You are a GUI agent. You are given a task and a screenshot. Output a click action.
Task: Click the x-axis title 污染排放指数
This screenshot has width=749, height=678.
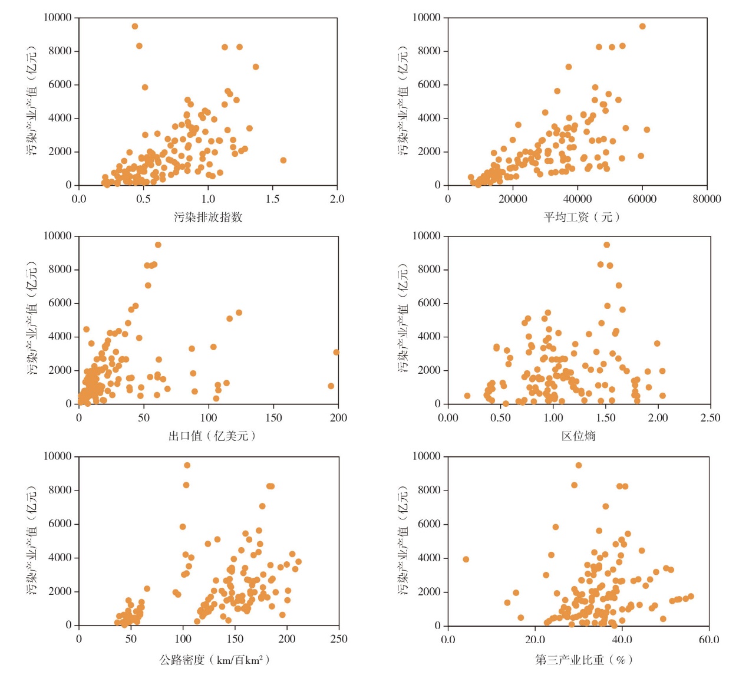[208, 217]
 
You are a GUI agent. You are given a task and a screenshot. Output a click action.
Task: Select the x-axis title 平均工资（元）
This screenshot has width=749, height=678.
[581, 217]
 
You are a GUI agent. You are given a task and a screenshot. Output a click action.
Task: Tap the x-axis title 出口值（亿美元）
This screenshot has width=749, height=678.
[212, 436]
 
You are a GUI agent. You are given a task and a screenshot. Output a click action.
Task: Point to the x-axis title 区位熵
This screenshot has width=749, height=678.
[578, 436]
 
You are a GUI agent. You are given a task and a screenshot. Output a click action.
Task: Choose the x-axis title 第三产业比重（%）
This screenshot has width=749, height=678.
[583, 660]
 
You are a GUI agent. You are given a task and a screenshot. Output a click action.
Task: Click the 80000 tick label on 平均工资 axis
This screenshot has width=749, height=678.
[707, 199]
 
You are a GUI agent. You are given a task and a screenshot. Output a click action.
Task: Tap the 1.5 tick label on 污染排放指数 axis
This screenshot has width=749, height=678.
[272, 199]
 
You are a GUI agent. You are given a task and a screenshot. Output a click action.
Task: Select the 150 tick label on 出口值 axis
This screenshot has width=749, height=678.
[273, 418]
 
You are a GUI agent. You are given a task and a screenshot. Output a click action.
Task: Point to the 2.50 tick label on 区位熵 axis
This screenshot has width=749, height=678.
[710, 418]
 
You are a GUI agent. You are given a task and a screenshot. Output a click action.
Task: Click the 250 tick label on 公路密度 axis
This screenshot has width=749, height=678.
[339, 639]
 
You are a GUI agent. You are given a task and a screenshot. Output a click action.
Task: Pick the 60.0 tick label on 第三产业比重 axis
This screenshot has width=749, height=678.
[708, 639]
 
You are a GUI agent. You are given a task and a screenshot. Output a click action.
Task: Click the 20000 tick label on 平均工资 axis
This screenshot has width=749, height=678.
[513, 199]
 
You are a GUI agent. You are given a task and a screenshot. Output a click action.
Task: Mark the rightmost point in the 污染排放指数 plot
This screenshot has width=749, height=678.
[283, 160]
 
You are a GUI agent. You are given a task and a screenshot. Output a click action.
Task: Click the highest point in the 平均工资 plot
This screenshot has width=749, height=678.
[642, 27]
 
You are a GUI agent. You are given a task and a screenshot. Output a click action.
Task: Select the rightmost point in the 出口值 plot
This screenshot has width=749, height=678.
[336, 353]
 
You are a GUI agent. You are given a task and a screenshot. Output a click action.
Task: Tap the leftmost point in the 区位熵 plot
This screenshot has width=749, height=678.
[467, 396]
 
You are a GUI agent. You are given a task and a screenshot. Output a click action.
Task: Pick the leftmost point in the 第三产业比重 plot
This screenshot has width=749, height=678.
[466, 559]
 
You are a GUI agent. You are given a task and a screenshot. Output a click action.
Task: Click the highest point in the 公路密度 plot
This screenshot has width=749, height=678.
[187, 465]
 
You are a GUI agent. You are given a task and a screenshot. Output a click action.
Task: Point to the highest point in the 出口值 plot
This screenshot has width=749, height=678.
[158, 245]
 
